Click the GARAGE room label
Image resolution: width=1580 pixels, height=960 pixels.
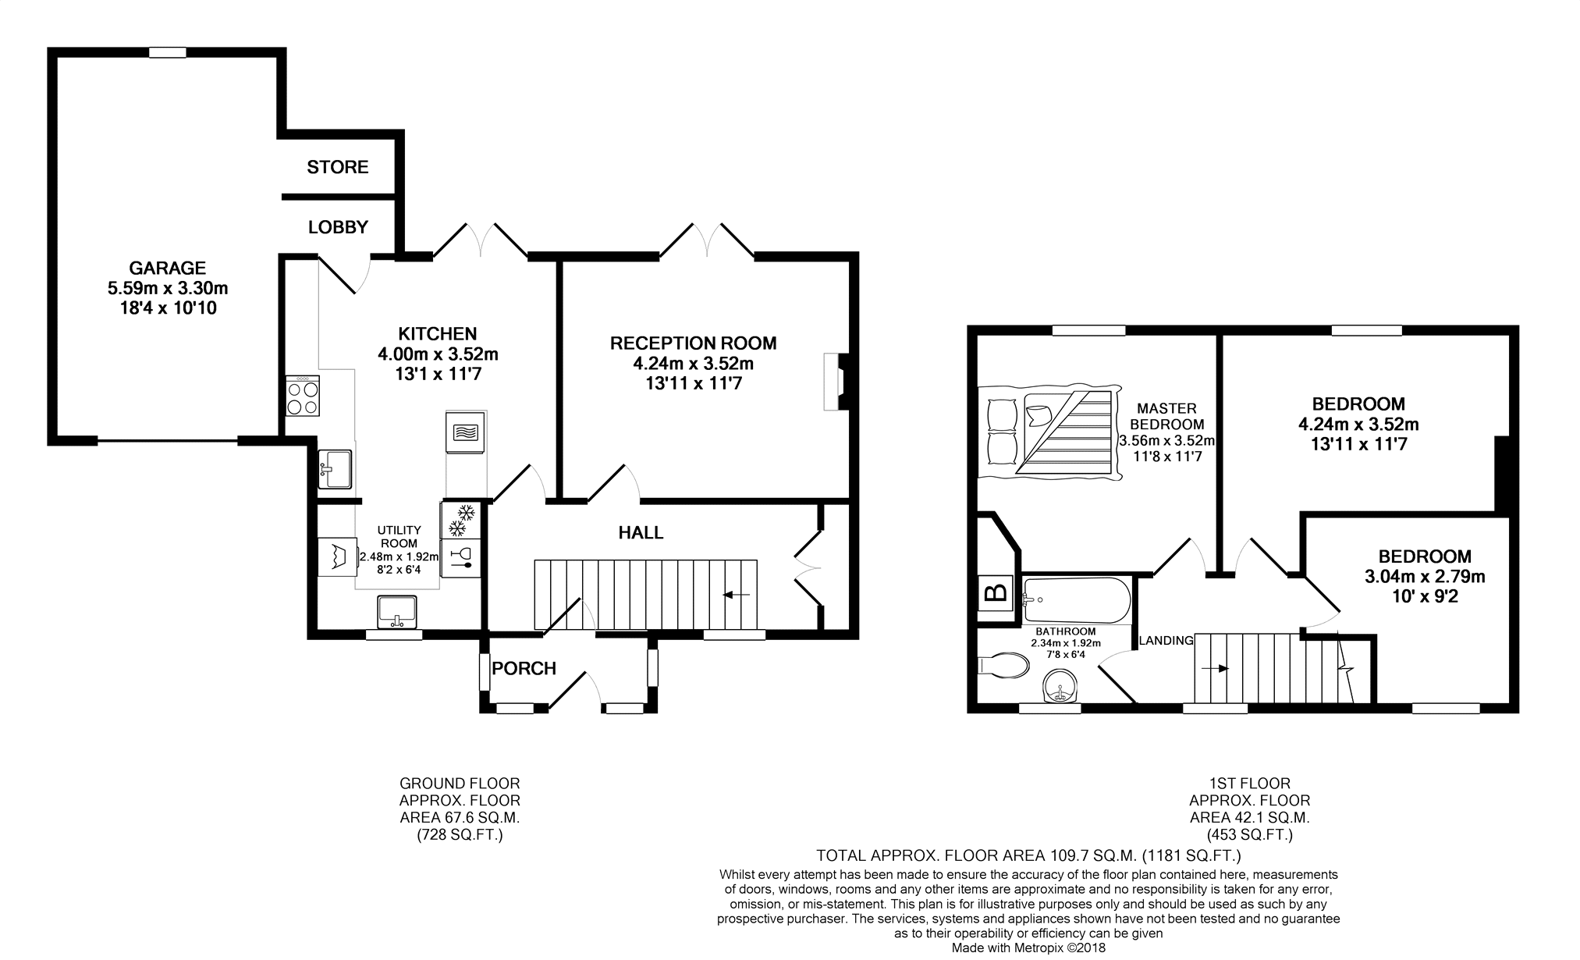click(167, 268)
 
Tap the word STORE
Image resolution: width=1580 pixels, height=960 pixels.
click(337, 167)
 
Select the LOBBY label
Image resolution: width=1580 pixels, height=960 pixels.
click(338, 227)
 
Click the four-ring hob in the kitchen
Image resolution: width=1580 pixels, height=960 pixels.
click(303, 396)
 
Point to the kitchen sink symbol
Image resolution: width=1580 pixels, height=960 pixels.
click(335, 468)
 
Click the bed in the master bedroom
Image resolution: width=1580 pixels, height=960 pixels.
click(1048, 434)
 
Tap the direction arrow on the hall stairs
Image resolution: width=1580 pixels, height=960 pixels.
click(736, 595)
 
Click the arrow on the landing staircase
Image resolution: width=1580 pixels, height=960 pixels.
click(1215, 669)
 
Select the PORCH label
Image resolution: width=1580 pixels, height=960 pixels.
click(524, 668)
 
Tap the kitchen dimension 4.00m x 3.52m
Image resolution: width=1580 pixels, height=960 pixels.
click(438, 354)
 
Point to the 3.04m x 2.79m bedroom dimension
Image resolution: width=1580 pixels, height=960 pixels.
click(1424, 578)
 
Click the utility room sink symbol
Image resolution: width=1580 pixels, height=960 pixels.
click(396, 611)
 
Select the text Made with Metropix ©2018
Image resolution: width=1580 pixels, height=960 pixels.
click(1028, 948)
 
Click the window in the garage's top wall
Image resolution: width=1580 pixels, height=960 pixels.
click(168, 52)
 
